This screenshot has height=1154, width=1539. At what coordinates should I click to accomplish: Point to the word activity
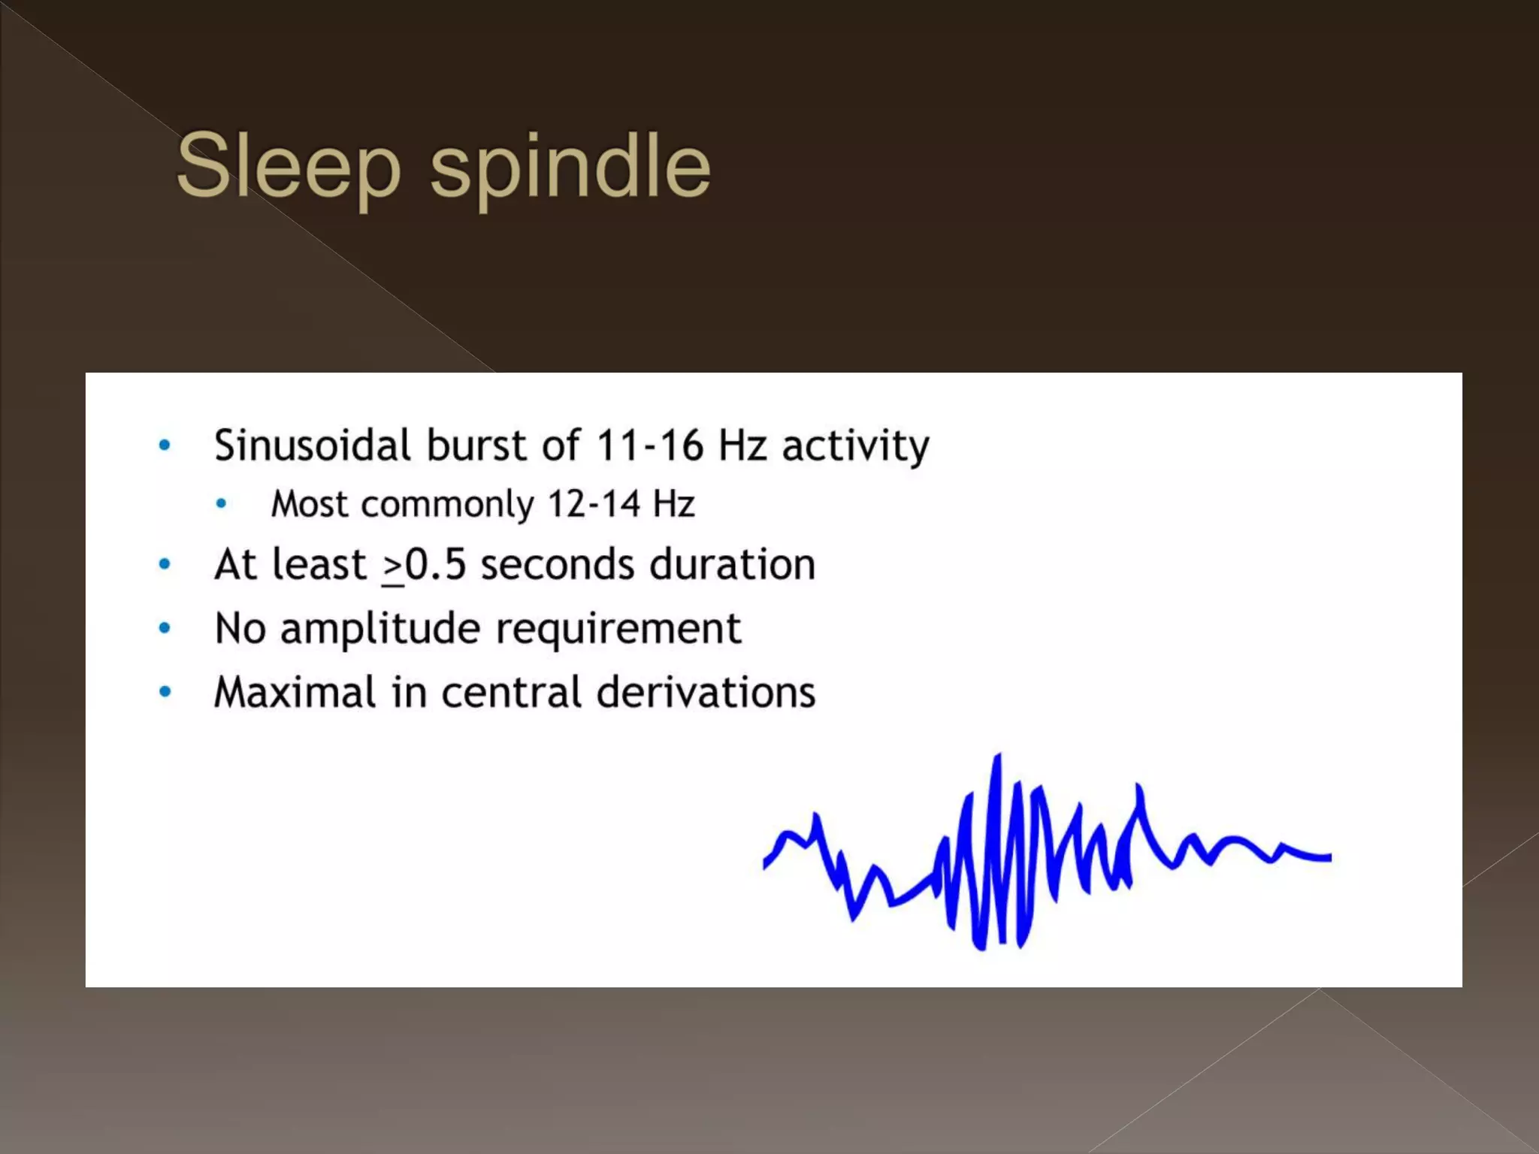click(x=855, y=446)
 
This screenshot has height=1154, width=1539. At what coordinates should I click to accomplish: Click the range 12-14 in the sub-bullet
click(x=594, y=503)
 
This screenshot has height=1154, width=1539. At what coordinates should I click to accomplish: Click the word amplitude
click(x=379, y=629)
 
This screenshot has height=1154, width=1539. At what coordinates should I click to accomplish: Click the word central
click(x=511, y=692)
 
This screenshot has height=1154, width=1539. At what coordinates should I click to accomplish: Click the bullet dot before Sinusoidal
click(x=165, y=446)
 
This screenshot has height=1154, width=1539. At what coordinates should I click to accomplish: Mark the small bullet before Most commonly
click(x=221, y=504)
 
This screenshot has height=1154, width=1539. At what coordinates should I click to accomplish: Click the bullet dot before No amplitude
click(x=165, y=628)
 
